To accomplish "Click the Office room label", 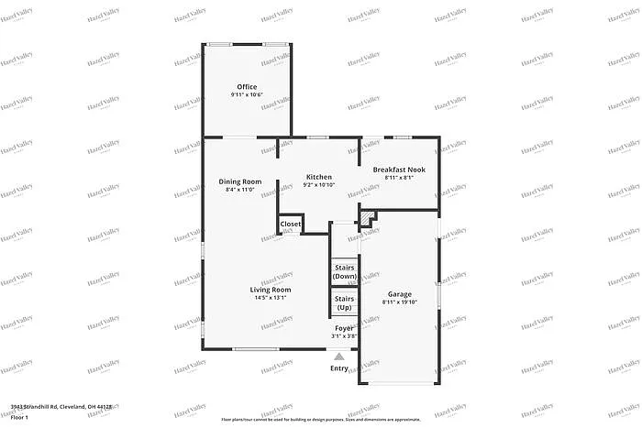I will point(247,87).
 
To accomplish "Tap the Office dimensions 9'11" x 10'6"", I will point(247,95).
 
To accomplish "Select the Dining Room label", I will point(240,181).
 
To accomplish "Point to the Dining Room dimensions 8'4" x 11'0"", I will point(240,190).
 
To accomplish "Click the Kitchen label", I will point(319,177).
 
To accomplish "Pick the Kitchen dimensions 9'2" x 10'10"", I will point(319,185).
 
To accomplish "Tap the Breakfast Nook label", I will point(399,170).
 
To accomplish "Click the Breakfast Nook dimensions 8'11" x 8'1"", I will point(399,178).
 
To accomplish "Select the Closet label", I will point(291,224).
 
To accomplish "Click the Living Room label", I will point(271,290).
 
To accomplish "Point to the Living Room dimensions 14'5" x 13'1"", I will point(271,298).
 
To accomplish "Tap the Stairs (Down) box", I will point(344,271).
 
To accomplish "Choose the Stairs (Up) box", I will point(344,302).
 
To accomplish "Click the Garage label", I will point(399,294).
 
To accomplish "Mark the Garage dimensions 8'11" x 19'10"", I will point(399,302).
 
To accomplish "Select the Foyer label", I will point(344,328).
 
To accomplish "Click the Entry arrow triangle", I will point(339,357).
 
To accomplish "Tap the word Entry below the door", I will point(339,368).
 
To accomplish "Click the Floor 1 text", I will point(20,417).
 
